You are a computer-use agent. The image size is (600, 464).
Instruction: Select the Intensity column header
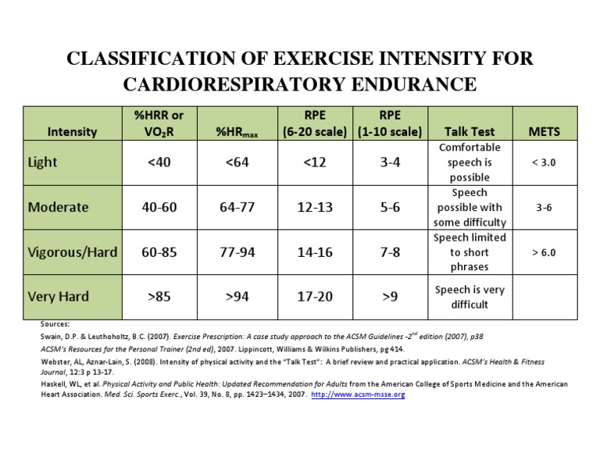point(73,131)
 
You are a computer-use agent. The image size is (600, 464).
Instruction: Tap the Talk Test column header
point(470,131)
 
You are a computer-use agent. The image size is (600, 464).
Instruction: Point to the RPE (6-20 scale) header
point(315,123)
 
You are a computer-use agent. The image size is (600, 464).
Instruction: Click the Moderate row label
point(59,207)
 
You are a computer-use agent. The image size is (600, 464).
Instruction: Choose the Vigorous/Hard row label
point(73,252)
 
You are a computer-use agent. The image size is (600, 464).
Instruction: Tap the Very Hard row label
point(58,296)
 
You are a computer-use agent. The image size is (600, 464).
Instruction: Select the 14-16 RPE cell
point(314,252)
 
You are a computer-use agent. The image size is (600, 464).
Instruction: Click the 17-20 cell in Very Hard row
point(314,296)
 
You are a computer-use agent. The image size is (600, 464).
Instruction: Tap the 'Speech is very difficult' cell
point(470,297)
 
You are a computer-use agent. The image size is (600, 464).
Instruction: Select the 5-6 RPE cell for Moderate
point(390,207)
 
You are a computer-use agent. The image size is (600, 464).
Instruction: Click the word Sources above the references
point(55,323)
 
